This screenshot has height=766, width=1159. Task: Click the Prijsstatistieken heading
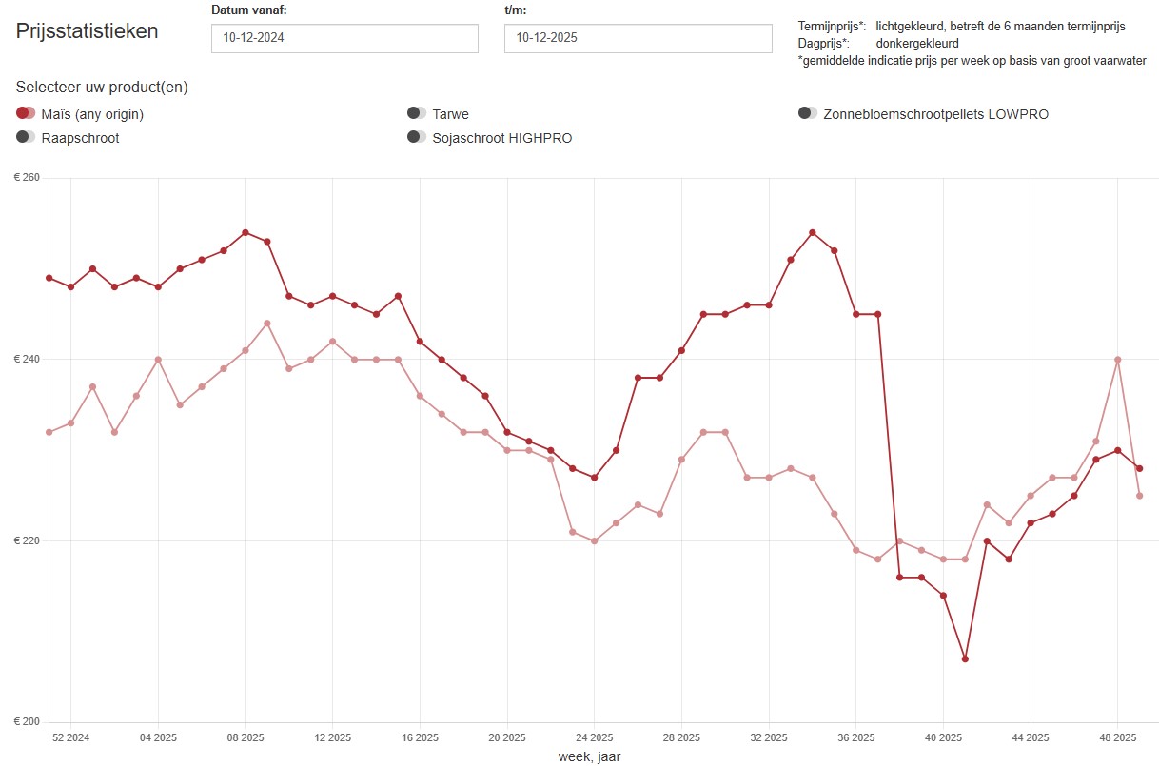pyautogui.click(x=88, y=30)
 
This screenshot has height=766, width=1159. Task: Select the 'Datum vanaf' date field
pyautogui.click(x=344, y=38)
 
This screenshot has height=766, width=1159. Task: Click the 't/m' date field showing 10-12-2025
pyautogui.click(x=638, y=38)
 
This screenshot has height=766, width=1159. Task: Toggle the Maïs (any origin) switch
pyautogui.click(x=26, y=113)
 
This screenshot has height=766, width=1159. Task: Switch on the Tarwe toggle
pyautogui.click(x=416, y=113)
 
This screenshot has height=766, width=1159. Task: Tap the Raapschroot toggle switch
pyautogui.click(x=26, y=137)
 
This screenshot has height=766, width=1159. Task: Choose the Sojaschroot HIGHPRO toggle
pyautogui.click(x=416, y=137)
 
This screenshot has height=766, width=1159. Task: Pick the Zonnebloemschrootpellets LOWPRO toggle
pyautogui.click(x=808, y=113)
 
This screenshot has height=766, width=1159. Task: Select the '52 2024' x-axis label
pyautogui.click(x=70, y=737)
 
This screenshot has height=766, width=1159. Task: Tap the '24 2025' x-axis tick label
pyautogui.click(x=594, y=737)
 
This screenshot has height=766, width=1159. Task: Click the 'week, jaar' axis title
pyautogui.click(x=589, y=756)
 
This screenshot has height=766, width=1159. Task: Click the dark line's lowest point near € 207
pyautogui.click(x=965, y=658)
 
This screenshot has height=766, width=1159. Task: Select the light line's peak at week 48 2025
pyautogui.click(x=1117, y=360)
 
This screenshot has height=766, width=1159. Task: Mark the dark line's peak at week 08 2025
pyautogui.click(x=246, y=232)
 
